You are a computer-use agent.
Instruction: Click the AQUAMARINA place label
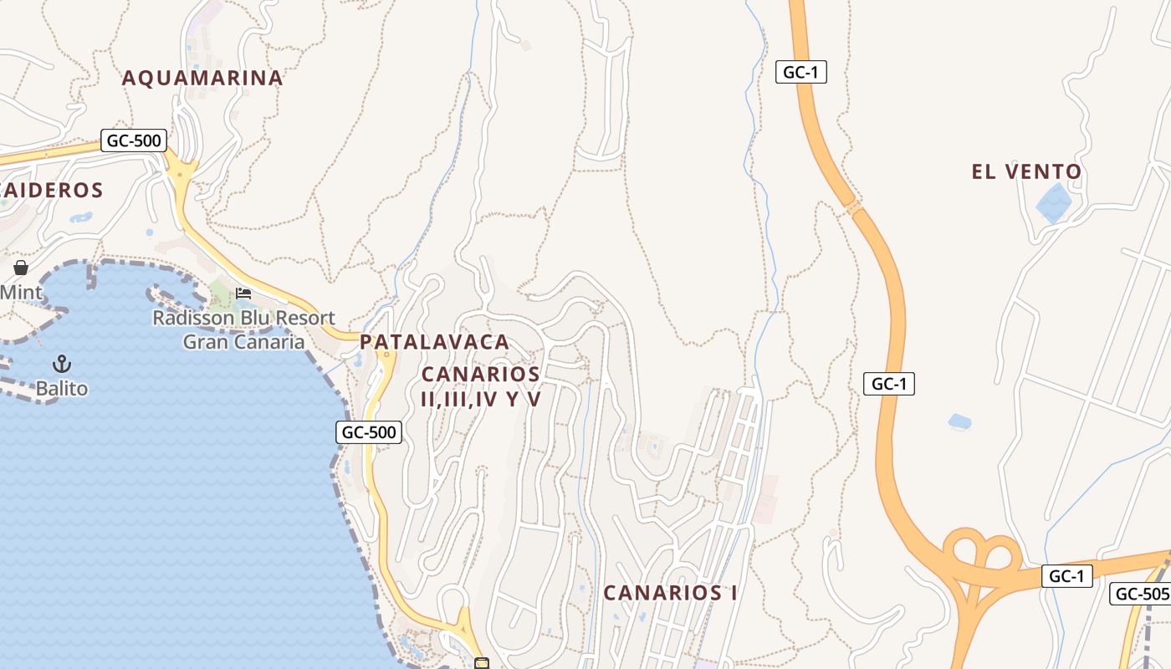point(202,78)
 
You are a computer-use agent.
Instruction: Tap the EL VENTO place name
point(1026,171)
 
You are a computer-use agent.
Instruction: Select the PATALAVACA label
point(434,341)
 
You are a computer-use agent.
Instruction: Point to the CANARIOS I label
point(670,593)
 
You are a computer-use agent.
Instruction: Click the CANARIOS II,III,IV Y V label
point(481,386)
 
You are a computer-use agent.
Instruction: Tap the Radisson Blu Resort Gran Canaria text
point(243,329)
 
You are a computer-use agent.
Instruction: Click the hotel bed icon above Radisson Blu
point(243,293)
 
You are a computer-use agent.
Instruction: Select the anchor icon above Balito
point(61,364)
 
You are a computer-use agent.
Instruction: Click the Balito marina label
point(61,389)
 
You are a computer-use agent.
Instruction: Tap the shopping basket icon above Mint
point(21,268)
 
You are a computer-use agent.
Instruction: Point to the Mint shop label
point(21,293)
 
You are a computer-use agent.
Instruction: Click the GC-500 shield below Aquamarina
point(134,140)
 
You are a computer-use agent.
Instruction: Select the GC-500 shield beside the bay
point(369,432)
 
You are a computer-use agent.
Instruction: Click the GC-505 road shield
point(1141,594)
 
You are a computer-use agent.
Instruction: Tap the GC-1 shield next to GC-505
point(1066,575)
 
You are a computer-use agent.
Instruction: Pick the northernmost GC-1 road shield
point(800,72)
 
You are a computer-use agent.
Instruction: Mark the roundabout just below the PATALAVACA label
point(386,355)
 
